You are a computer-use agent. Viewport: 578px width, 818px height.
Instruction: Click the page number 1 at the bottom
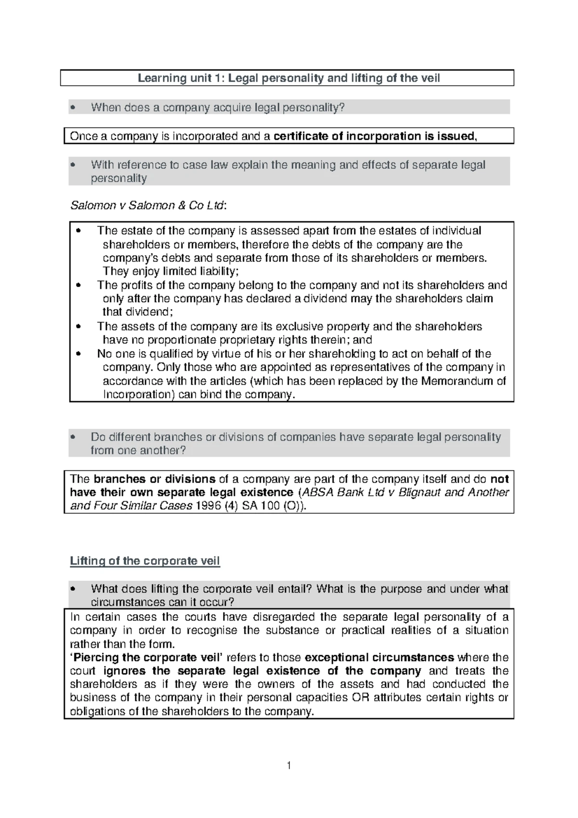(x=289, y=765)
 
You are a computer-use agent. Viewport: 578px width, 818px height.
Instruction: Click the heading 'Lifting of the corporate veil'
(x=144, y=561)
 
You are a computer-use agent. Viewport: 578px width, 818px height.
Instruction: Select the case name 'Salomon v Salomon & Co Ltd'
(x=147, y=205)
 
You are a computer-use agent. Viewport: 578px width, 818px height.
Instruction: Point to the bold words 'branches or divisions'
(x=154, y=479)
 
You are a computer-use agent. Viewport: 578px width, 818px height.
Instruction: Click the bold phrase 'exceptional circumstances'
(x=380, y=657)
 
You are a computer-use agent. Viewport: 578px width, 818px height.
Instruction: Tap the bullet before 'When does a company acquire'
(x=73, y=107)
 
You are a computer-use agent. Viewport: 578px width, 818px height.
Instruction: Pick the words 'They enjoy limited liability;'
(x=171, y=271)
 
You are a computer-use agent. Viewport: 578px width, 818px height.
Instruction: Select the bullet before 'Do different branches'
(x=73, y=437)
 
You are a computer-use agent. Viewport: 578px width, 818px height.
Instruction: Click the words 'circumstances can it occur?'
(x=162, y=602)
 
